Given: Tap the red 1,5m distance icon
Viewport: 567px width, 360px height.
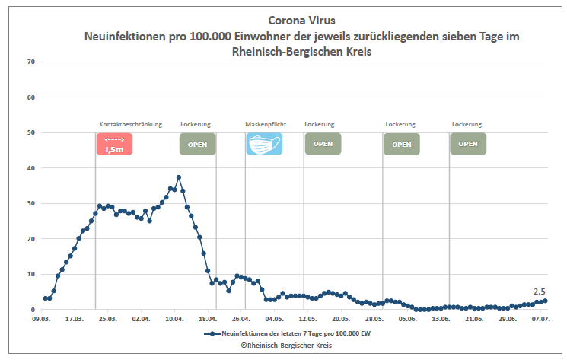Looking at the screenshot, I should tap(114, 144).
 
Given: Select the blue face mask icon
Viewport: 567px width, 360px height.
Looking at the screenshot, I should tap(264, 144).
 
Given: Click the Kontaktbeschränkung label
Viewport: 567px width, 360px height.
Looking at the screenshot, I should tap(130, 124).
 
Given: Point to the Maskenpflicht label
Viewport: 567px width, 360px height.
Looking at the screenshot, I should tap(266, 124).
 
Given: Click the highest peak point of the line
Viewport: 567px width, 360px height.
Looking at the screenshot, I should tap(179, 177).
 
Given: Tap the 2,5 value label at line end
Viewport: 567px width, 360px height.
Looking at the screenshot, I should tap(539, 292).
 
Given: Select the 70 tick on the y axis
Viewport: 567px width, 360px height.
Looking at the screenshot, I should tap(32, 62).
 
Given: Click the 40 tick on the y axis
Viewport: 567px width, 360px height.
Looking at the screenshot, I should tap(32, 168).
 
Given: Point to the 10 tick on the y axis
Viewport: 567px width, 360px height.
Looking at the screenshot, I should tap(32, 274).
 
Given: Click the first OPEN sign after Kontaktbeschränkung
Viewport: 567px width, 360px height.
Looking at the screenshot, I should tap(198, 144).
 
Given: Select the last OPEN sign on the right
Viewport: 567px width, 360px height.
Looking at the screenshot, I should tap(468, 144).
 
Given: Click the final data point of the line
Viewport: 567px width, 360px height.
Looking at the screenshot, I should tap(545, 301).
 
